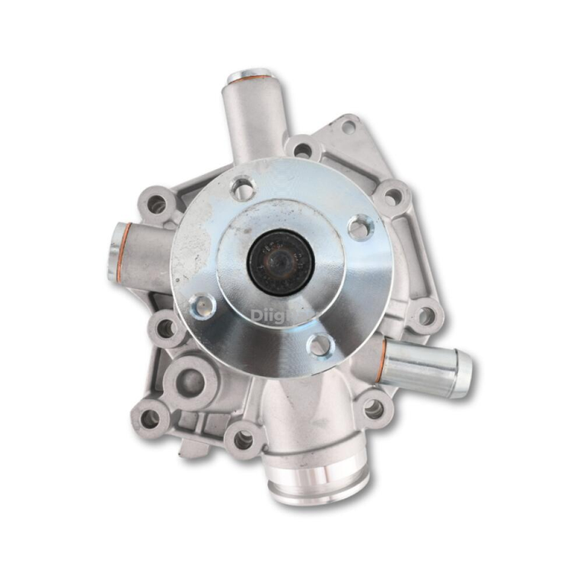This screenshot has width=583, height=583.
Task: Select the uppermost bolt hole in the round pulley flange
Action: pyautogui.click(x=242, y=188)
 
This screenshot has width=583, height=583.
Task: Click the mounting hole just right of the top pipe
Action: pyautogui.click(x=303, y=151)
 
